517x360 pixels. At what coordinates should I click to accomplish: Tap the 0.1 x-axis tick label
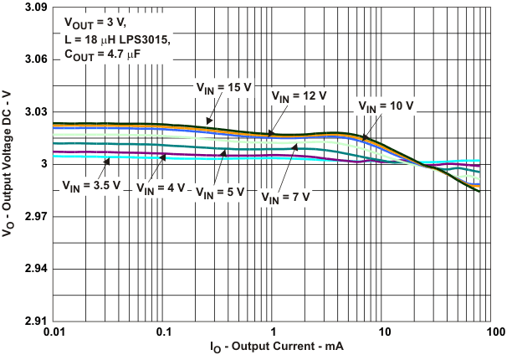pyautogui.click(x=163, y=332)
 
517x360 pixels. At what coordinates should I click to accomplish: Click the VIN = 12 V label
pyautogui.click(x=297, y=97)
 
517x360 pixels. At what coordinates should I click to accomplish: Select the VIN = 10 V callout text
pyautogui.click(x=386, y=107)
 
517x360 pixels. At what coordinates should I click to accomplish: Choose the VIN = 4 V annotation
pyautogui.click(x=161, y=188)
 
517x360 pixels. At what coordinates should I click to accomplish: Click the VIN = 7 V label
pyautogui.click(x=285, y=198)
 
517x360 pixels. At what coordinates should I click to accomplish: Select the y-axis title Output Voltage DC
pyautogui.click(x=11, y=164)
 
